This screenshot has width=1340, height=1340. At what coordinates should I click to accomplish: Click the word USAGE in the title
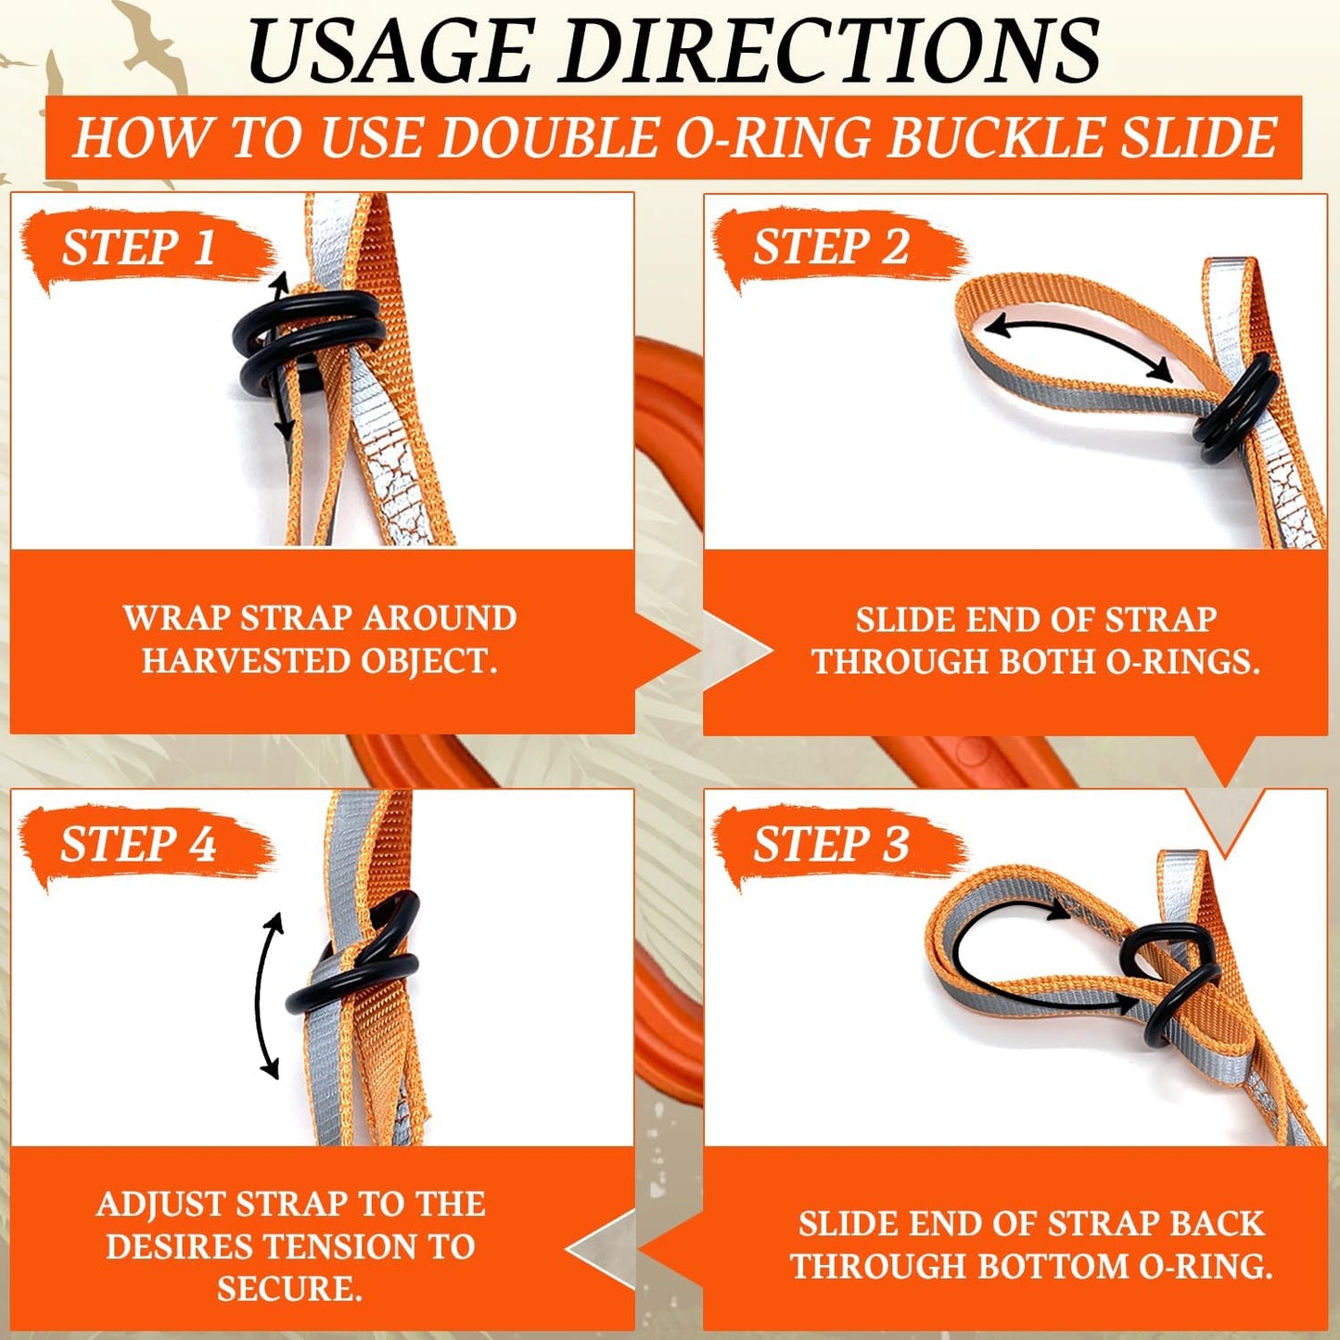[395, 50]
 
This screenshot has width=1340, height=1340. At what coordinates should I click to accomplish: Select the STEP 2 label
[831, 248]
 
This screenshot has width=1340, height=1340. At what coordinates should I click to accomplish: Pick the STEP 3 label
[831, 845]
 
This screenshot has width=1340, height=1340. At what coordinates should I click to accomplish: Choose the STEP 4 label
[139, 845]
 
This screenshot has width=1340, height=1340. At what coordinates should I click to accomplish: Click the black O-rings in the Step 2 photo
[1233, 409]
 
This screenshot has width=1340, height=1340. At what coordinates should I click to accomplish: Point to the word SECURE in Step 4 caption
[288, 1289]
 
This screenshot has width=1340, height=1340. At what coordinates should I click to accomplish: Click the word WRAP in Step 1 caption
[177, 619]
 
